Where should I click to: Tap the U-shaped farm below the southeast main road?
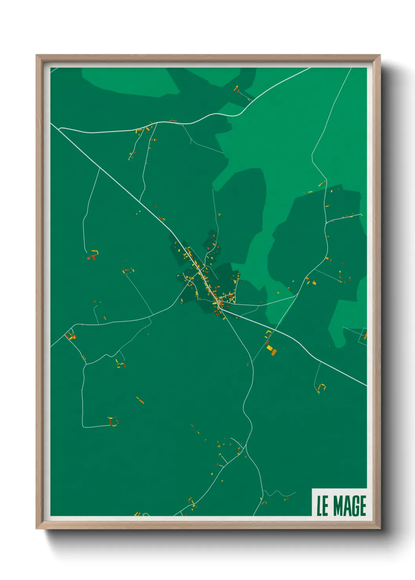click(x=322, y=387)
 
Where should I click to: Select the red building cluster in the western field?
click(x=91, y=257)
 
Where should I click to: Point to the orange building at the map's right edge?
click(x=365, y=336)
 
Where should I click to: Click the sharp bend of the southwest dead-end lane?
click(x=83, y=426)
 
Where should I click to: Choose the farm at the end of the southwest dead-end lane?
click(x=113, y=421)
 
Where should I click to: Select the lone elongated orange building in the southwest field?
click(x=140, y=401)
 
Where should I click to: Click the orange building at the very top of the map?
click(x=236, y=89)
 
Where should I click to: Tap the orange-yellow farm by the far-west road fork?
click(x=71, y=336)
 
